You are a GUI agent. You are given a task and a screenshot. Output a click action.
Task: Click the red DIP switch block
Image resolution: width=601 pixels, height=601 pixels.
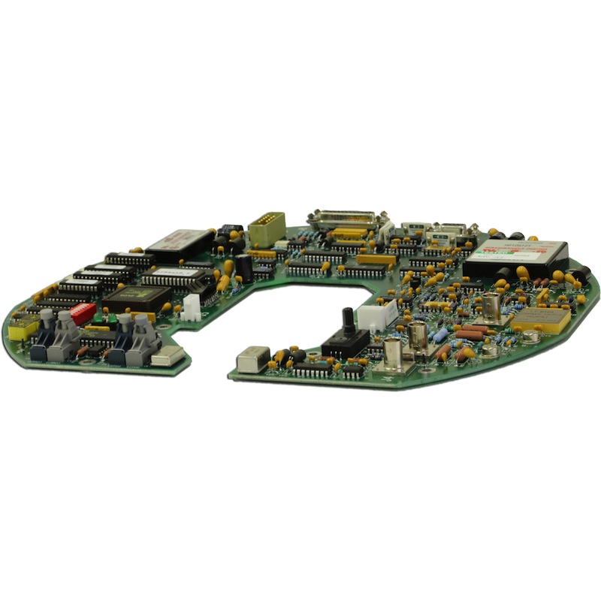83,312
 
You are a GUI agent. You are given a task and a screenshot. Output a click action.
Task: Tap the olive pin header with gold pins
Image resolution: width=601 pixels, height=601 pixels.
267,227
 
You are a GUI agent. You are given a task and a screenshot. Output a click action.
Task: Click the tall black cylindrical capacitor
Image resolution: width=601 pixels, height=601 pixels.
245,268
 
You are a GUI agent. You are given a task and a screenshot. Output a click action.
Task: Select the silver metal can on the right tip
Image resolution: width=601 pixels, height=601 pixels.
252,358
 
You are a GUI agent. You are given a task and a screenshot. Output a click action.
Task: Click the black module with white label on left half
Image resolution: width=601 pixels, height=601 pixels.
180,242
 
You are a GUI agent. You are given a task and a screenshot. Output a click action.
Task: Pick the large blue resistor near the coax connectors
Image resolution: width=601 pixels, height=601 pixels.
441,334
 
